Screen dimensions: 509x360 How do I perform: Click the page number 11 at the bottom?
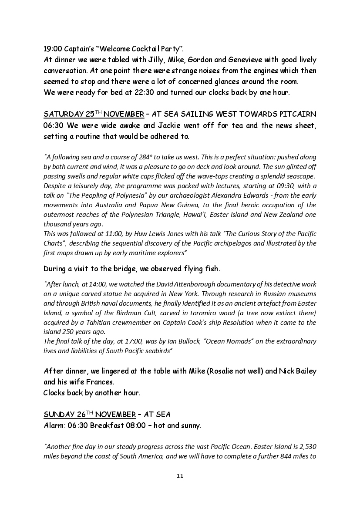coord(180,475)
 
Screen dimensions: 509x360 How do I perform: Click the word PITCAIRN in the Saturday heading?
coord(296,115)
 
